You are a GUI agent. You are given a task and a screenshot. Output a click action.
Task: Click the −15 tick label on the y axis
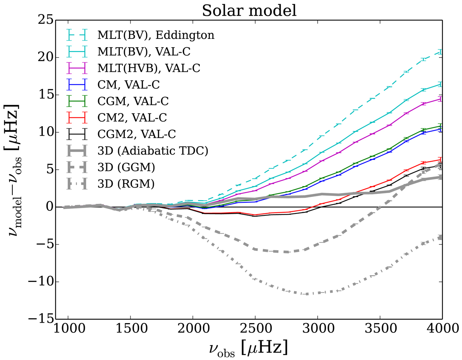[38, 319]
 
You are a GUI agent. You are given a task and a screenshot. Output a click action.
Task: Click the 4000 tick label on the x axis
[441, 330]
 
